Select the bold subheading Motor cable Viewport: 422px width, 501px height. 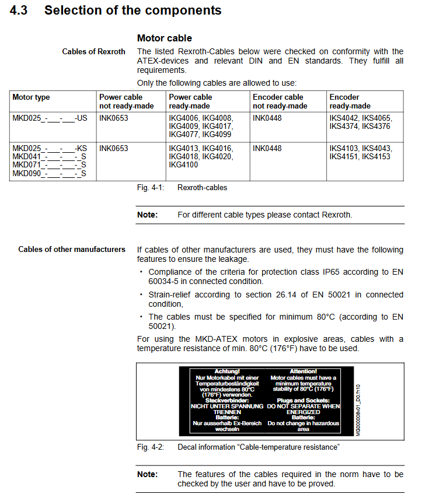[164, 38]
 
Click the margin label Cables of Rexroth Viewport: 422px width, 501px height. [93, 52]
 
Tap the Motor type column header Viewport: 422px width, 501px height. [32, 97]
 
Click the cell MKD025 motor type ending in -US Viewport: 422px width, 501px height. [50, 118]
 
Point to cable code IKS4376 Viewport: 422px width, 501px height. [376, 126]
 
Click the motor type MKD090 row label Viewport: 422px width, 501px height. [49, 173]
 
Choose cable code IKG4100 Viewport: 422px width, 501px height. [183, 165]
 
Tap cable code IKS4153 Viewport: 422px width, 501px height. [376, 157]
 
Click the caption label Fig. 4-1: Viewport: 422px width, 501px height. [151, 188]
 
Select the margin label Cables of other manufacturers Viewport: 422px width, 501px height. [72, 250]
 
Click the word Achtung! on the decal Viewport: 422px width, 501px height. [227, 371]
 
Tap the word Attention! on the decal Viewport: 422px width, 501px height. [303, 371]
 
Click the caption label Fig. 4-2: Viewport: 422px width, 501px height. [151, 447]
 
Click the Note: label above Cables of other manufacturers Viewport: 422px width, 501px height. [147, 215]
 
